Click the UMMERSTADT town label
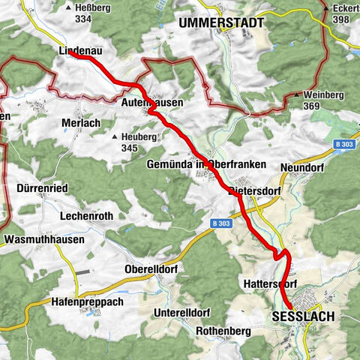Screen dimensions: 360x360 [x=221, y=23]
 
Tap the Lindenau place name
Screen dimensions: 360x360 [x=79, y=52]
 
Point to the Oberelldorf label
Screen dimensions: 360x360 [x=151, y=269]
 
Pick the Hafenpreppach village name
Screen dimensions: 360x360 [x=88, y=301]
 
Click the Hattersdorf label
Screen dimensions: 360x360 [x=271, y=284]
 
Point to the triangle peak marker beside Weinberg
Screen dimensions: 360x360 [x=297, y=95]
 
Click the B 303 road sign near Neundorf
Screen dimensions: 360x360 [x=345, y=143]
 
